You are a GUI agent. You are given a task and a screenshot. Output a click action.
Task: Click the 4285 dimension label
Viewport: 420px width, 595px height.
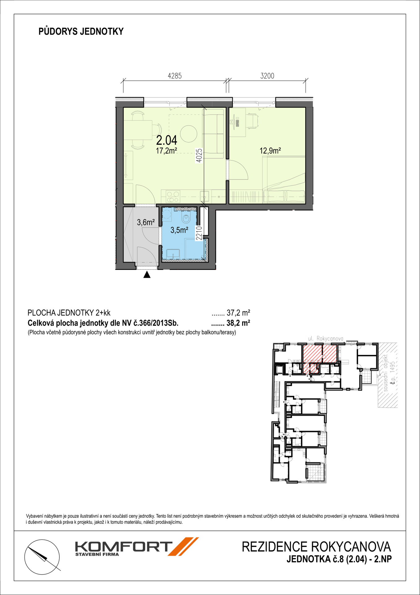tap(175, 76)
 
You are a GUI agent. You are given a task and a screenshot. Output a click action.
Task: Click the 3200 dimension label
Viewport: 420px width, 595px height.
tap(267, 76)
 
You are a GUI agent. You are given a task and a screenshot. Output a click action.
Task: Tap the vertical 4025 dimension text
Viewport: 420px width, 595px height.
tap(200, 156)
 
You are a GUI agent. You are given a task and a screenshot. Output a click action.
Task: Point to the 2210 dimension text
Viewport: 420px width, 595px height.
tap(199, 233)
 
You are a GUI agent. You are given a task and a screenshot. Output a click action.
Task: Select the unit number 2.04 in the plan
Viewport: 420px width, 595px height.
tap(167, 140)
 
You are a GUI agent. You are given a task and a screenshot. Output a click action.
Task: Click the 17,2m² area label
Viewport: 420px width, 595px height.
tap(167, 151)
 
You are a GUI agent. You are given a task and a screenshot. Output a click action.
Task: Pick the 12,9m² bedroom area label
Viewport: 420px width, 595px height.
tap(270, 151)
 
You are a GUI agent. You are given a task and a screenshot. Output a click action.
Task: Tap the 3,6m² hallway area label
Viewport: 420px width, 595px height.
tap(146, 222)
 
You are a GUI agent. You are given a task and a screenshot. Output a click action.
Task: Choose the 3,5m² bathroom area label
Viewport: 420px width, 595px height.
tap(180, 230)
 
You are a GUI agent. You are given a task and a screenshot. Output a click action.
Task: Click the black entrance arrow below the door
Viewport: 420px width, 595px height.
tap(147, 275)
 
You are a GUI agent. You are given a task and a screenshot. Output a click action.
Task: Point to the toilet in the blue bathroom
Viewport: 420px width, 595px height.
tap(186, 218)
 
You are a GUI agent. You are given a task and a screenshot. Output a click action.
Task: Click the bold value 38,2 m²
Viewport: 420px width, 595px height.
tap(238, 323)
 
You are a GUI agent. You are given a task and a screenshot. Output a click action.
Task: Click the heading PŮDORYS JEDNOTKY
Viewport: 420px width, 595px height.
tap(81, 31)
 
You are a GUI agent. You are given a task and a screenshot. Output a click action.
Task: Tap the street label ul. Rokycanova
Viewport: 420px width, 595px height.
tap(326, 339)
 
